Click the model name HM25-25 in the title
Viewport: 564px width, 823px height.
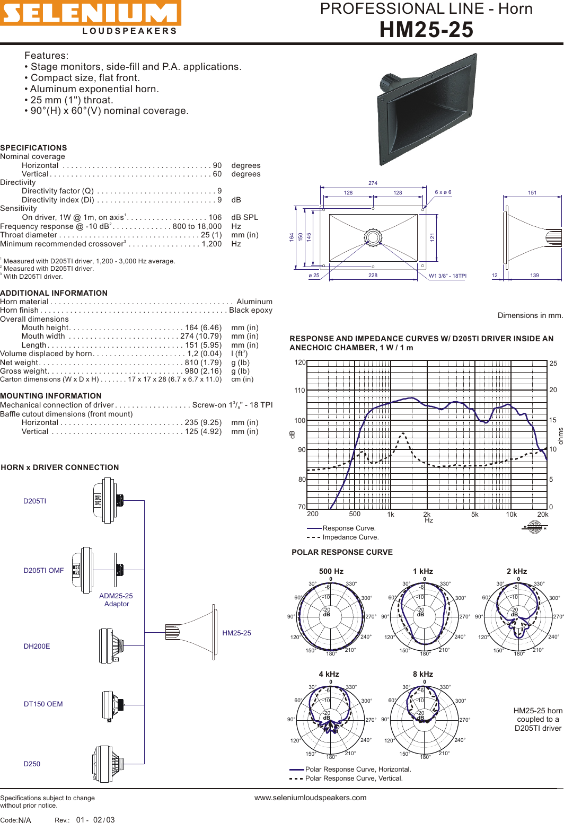click(426, 30)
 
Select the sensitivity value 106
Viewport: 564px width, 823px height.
click(215, 217)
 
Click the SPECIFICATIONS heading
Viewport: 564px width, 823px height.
click(33, 148)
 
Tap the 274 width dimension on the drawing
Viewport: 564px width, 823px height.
click(373, 183)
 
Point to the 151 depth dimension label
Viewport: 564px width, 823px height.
click(532, 193)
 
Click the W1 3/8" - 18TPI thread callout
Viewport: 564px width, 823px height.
click(447, 276)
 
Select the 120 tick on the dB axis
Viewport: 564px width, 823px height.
click(299, 362)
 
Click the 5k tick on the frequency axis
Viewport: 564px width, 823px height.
click(475, 515)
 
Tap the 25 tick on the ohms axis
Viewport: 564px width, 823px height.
click(553, 364)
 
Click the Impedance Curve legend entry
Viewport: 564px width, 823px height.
click(350, 537)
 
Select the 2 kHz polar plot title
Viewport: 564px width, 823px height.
click(517, 571)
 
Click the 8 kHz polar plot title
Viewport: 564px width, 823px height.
click(423, 674)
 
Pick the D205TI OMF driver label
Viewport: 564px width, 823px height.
click(43, 571)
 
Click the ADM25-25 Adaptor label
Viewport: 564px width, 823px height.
click(116, 600)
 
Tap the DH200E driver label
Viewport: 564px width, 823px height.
click(37, 647)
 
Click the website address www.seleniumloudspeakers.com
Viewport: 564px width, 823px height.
click(310, 798)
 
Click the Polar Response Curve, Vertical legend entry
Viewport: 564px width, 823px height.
click(354, 778)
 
